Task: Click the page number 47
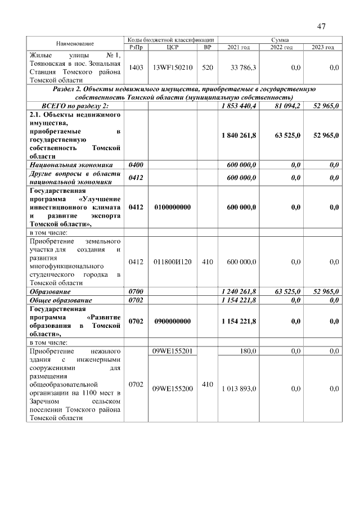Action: (x=322, y=26)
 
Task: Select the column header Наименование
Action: (x=75, y=43)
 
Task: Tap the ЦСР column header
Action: (x=173, y=47)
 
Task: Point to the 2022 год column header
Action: (x=281, y=47)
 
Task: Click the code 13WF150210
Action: (x=173, y=67)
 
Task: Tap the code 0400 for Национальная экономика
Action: (x=136, y=165)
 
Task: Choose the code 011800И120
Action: (x=173, y=262)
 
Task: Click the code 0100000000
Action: (x=173, y=208)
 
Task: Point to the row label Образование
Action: (x=50, y=292)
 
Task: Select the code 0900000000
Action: (x=173, y=321)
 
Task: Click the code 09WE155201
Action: (x=173, y=351)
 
